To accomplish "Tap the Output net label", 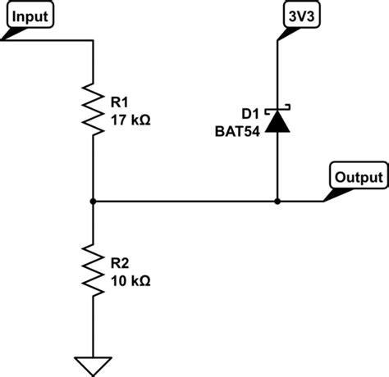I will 358,176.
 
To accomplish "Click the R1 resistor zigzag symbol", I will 94,106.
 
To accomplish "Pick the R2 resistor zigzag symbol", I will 94,266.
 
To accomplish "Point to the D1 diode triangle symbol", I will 277,122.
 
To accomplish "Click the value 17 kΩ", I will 130,120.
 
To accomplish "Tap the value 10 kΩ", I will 130,280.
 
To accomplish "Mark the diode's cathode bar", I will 277,109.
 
